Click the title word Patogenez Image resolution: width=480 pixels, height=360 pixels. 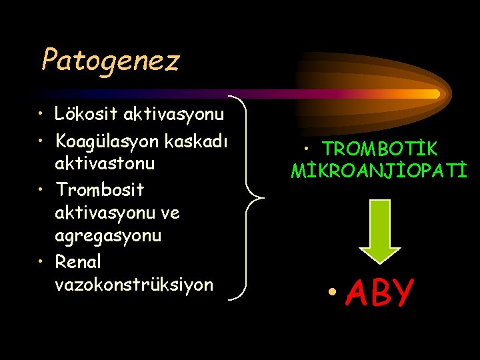111,60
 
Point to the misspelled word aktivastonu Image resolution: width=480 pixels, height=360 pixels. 105,163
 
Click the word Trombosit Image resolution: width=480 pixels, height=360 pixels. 100,190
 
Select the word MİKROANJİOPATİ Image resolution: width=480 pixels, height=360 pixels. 379,172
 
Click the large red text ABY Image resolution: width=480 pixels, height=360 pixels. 381,293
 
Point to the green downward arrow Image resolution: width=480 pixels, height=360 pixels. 380,230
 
